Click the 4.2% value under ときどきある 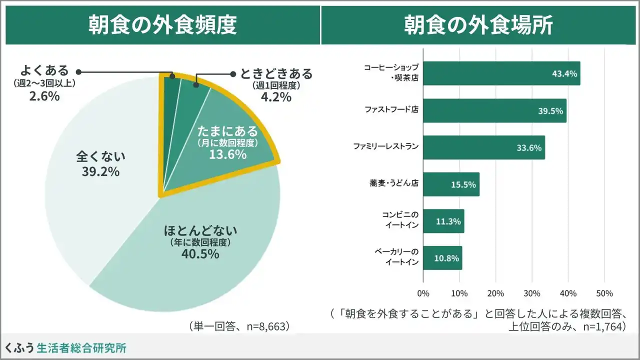276,97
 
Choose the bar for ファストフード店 494,110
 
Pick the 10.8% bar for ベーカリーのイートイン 442,258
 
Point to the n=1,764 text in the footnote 600,327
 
